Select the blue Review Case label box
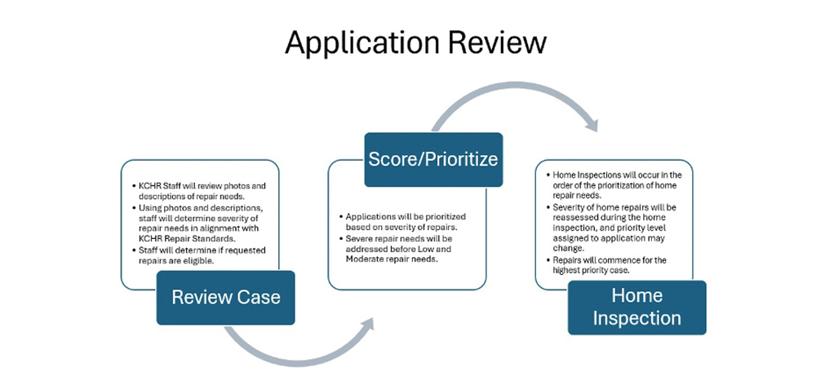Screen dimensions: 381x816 click(225, 297)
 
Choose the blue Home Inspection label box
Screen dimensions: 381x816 click(636, 306)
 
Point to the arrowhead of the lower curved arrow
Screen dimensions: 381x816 click(369, 325)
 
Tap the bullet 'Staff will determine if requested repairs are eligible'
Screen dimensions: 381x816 click(199, 255)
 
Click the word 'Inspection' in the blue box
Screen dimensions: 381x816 click(636, 318)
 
